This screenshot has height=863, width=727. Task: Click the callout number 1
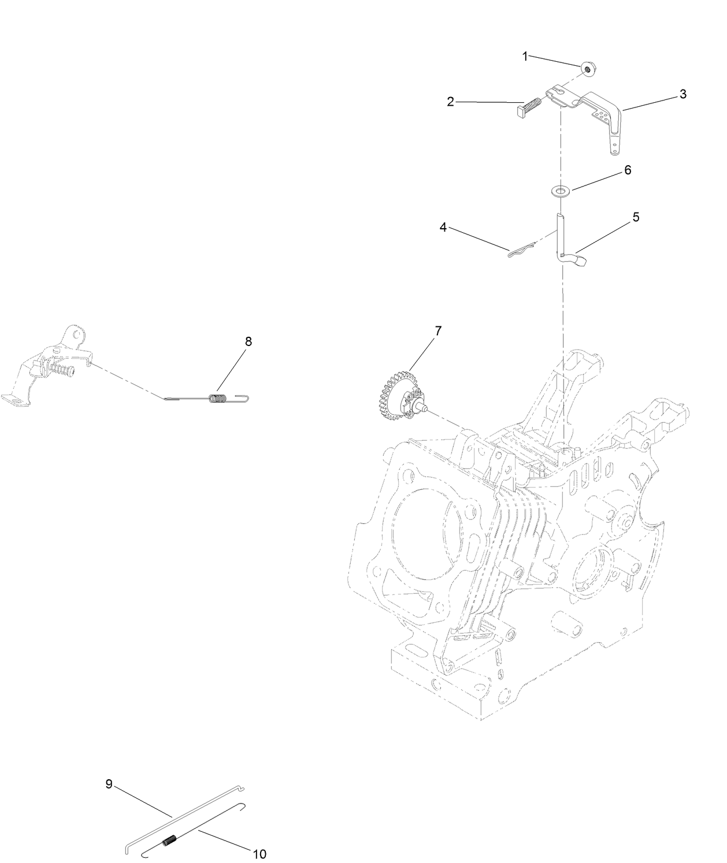click(x=525, y=57)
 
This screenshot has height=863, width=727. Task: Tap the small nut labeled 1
click(x=587, y=69)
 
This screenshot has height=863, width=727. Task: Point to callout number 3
click(x=683, y=94)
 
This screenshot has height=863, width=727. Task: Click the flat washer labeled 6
click(x=561, y=191)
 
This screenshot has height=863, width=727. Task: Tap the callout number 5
click(x=636, y=217)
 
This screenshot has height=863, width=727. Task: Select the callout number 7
click(x=437, y=331)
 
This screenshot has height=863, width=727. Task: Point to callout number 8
click(x=248, y=341)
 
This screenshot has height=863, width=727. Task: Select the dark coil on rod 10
click(x=170, y=838)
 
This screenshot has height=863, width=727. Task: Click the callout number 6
click(x=628, y=170)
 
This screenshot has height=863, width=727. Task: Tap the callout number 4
click(x=443, y=227)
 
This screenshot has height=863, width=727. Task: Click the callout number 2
click(x=450, y=102)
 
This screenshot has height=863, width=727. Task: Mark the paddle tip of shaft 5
click(x=582, y=261)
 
